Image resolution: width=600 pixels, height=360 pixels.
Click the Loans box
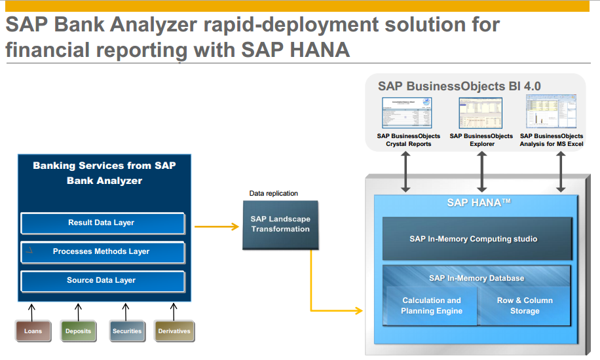[x=33, y=331]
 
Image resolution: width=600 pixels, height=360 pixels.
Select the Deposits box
[x=79, y=331]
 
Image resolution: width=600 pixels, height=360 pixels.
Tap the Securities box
[x=126, y=331]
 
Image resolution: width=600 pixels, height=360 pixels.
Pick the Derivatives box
[x=174, y=331]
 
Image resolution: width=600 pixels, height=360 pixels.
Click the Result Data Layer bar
[x=102, y=223]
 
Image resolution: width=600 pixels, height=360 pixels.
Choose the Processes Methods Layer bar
[x=102, y=251]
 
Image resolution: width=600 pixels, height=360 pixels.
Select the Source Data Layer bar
[x=102, y=280]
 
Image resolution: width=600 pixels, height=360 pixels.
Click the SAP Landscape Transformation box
[x=280, y=225]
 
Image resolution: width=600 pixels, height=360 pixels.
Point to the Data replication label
[x=274, y=194]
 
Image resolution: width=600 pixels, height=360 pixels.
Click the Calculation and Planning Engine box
[x=432, y=306]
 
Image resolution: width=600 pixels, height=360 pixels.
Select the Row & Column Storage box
[x=525, y=306]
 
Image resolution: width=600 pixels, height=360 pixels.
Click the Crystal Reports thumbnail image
[x=407, y=113]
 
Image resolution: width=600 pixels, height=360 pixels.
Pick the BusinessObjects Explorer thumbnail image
[x=481, y=113]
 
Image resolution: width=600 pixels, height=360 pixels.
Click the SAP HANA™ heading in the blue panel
[x=479, y=203]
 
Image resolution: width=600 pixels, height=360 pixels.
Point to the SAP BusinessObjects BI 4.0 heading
[x=459, y=86]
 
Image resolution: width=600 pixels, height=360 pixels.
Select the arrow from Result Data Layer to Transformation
[x=213, y=226]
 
